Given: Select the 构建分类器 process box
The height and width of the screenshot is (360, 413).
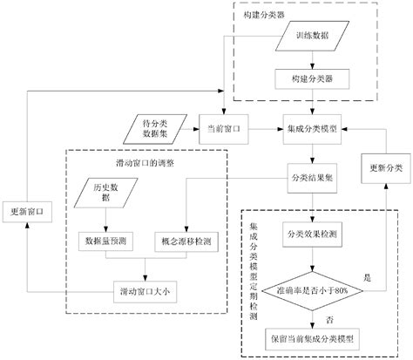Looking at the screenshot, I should click(311, 79).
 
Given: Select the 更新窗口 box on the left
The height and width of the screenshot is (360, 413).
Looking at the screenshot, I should click(26, 212).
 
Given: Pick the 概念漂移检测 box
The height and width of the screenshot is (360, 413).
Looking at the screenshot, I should click(186, 238).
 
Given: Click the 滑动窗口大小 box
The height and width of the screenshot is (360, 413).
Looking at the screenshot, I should click(146, 292).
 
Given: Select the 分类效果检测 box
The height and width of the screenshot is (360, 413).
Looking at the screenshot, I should click(311, 234).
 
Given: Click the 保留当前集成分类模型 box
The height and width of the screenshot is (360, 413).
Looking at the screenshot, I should click(311, 336).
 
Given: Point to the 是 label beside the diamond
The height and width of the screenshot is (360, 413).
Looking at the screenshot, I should click(368, 276).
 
